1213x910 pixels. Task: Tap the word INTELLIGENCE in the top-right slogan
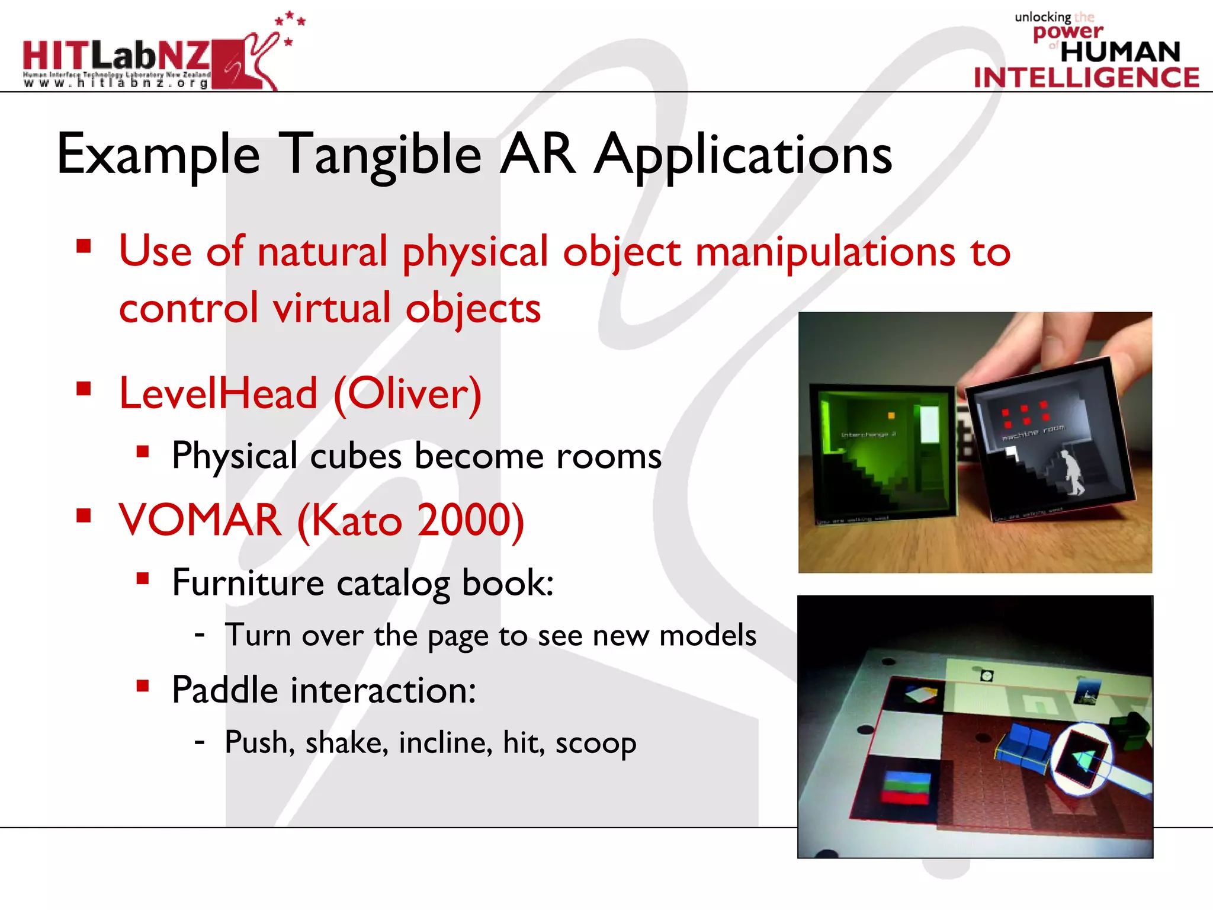tap(1086, 78)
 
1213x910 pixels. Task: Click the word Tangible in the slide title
tap(380, 155)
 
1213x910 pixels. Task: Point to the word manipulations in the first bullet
tap(825, 252)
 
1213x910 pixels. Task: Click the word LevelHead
tap(219, 393)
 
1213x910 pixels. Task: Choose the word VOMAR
tap(200, 520)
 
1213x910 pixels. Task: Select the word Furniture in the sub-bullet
tap(248, 583)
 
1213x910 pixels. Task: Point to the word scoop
tap(595, 743)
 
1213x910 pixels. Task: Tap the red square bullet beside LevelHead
tap(84, 389)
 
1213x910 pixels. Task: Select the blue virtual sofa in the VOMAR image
tap(1023, 747)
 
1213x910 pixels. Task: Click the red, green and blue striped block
tap(906, 787)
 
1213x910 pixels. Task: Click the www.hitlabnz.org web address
tap(116, 84)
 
